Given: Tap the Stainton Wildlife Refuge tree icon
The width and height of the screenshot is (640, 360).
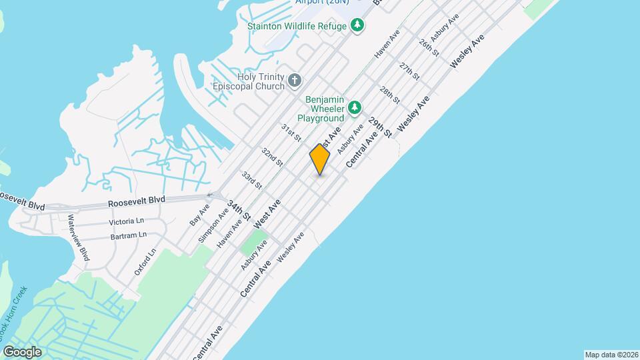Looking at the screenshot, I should (358, 25).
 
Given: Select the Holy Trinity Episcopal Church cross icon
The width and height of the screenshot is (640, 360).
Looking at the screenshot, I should (295, 81).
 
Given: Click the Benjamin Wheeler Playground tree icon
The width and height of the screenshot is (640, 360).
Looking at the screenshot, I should (355, 107).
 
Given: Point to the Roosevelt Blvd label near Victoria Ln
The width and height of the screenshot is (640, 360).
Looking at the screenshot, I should (137, 200).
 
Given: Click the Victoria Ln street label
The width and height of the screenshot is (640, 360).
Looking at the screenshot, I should (126, 221).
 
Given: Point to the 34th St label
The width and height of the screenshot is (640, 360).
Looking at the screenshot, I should (238, 210).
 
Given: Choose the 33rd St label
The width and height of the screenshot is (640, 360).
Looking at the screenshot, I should (251, 179).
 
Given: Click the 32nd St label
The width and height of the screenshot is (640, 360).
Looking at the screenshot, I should (272, 157).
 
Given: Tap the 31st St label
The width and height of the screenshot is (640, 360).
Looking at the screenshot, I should (291, 132).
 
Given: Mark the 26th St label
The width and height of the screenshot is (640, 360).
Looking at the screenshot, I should (429, 47).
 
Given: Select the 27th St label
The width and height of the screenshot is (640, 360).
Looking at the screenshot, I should (409, 71).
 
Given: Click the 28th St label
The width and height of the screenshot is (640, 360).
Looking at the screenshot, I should (389, 95).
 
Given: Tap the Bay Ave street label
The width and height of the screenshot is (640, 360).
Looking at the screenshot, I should (200, 215).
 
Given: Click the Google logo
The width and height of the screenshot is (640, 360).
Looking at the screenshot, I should (22, 352).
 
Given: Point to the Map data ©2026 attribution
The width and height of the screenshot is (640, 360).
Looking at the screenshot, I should (611, 355).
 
